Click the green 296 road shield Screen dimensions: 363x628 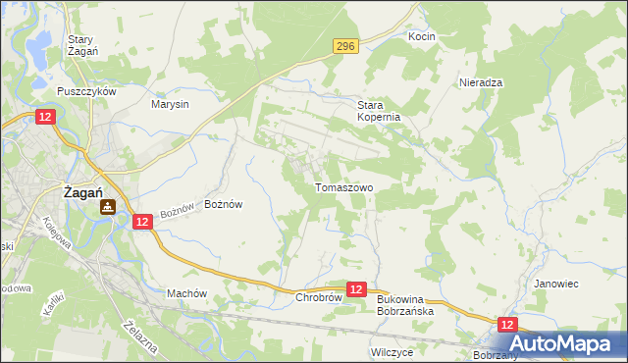click(344, 45)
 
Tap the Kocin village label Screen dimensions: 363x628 click(421, 36)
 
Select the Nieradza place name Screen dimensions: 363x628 click(481, 83)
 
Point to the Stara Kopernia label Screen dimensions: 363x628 click(378, 110)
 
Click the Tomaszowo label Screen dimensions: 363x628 click(342, 186)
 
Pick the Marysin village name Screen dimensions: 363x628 click(169, 104)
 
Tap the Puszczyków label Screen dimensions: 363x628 click(87, 91)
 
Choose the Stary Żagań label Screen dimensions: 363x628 click(80, 46)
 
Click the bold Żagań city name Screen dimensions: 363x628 click(84, 193)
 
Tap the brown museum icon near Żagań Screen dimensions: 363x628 click(108, 206)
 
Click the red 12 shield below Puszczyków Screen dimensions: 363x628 click(45, 117)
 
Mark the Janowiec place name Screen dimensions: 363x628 click(554, 284)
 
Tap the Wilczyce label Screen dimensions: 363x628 click(392, 350)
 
